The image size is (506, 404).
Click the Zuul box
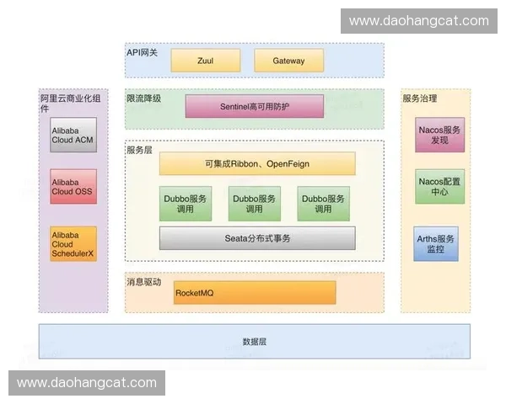pos(206,61)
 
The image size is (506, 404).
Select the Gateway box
pos(288,61)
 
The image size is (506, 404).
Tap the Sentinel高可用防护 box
pos(255,106)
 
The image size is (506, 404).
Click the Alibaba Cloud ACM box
pos(73,135)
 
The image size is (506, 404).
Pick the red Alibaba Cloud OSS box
pos(73,187)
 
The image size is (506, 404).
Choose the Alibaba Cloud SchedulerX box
pos(73,244)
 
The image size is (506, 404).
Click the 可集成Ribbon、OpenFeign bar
pos(257,163)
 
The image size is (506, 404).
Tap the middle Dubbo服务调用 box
pos(255,204)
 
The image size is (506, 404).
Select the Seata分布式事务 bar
pos(257,238)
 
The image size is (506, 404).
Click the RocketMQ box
pos(255,293)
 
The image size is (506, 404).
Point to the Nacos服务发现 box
pos(440,135)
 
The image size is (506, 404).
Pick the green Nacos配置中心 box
pos(440,187)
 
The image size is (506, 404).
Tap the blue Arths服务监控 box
pos(436,244)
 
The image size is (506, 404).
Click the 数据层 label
pos(255,342)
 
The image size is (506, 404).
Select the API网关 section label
pos(142,52)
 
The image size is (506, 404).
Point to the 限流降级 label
pos(143,98)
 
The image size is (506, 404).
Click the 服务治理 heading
pos(419,98)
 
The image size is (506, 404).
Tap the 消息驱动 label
pos(143,282)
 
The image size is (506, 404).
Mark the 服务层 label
pos(139,150)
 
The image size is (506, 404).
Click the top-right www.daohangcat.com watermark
pos(419,21)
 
